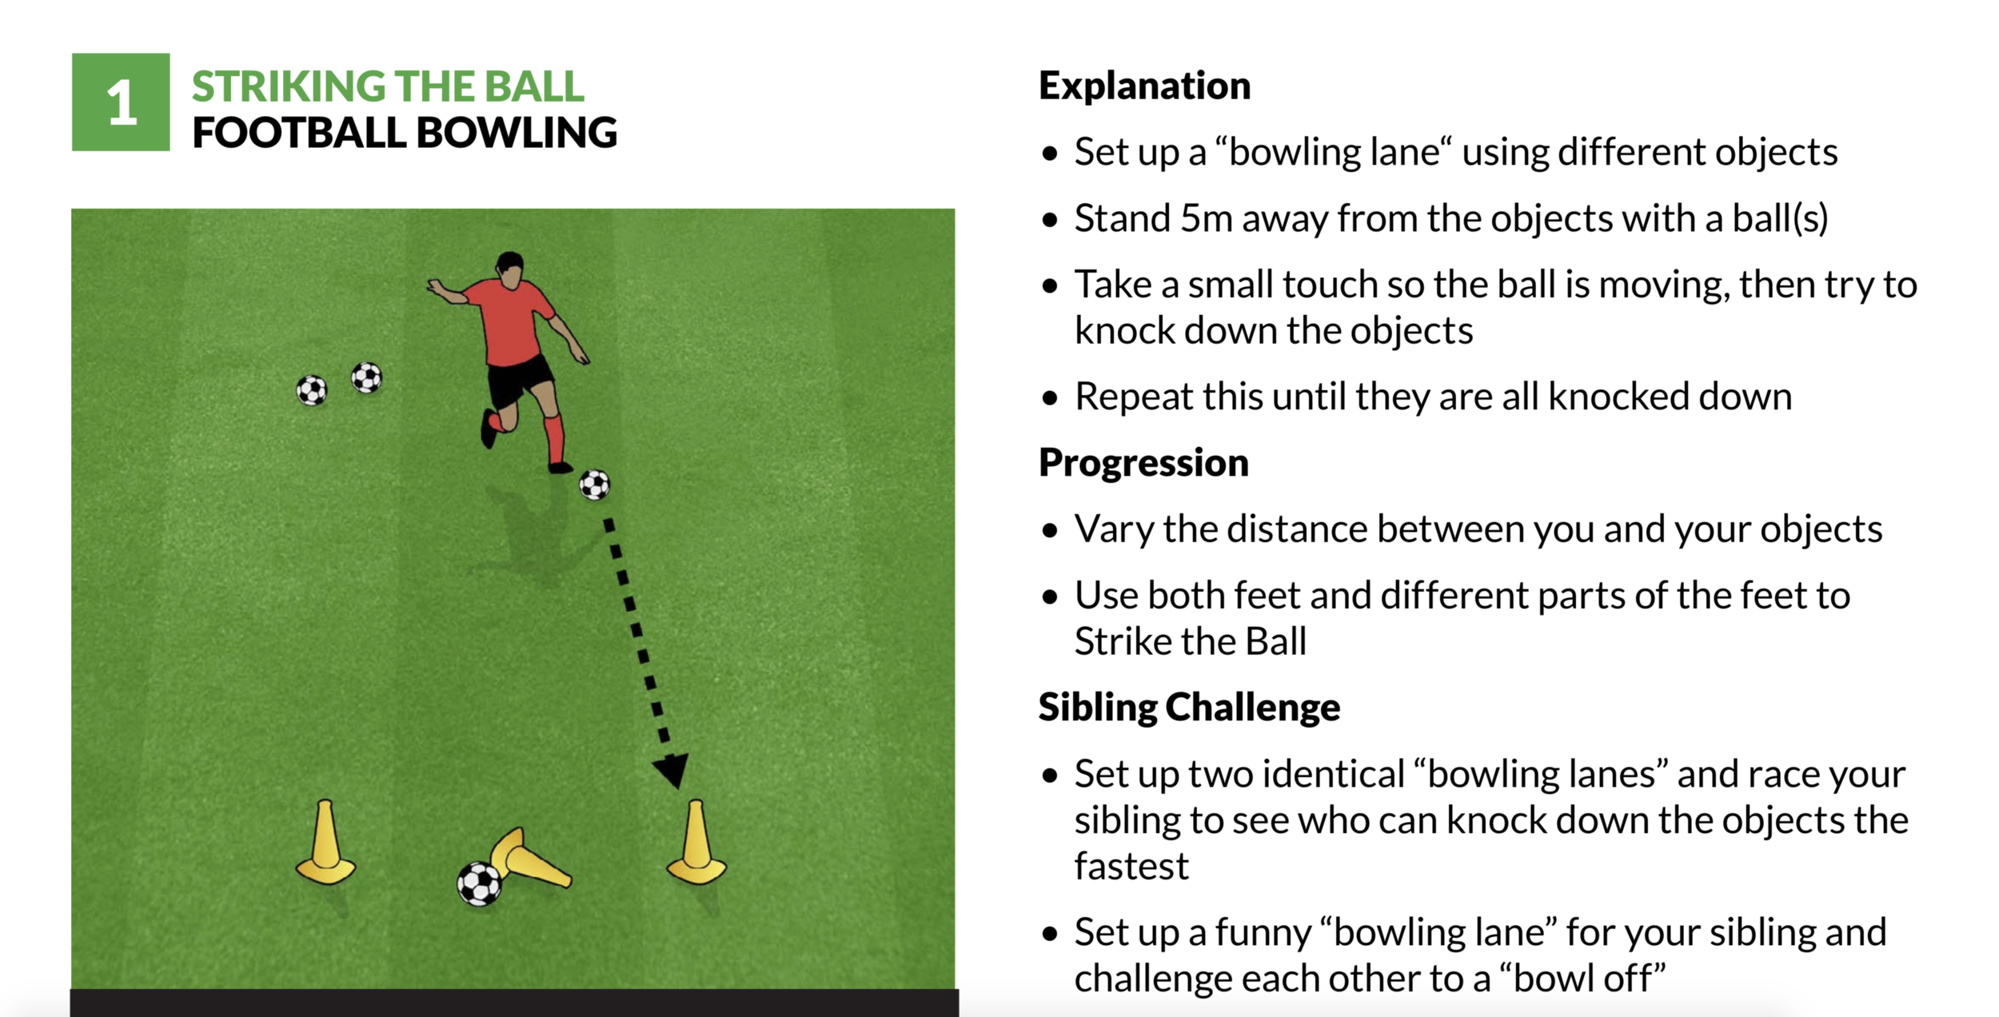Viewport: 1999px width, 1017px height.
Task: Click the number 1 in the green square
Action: click(x=122, y=103)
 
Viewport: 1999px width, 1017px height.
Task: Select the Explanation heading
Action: click(x=1144, y=86)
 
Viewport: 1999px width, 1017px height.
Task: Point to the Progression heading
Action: click(x=1143, y=463)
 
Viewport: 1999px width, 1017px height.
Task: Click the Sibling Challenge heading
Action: click(x=1189, y=708)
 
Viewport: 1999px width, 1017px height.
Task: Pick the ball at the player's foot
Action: click(x=594, y=485)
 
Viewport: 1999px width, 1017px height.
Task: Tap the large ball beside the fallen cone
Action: click(x=479, y=883)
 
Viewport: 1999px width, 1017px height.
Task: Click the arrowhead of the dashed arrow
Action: click(x=672, y=768)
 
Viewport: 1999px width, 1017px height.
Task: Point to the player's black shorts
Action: click(x=520, y=379)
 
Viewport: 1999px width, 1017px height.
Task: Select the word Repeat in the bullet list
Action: click(x=1130, y=397)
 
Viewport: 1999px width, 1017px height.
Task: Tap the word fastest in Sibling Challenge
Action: click(x=1131, y=867)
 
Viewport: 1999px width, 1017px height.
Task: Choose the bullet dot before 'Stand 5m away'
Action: click(x=1050, y=220)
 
